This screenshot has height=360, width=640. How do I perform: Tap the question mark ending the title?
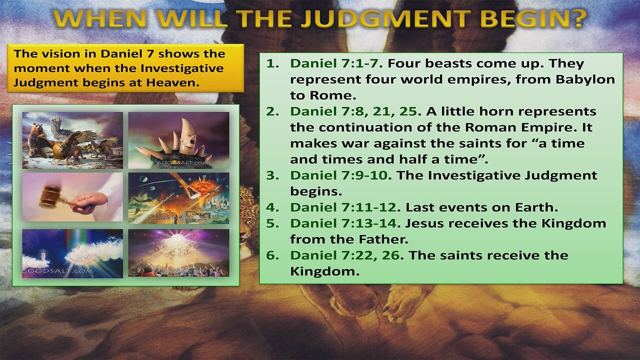[x=579, y=18]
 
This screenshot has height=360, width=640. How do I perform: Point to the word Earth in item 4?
[x=538, y=207]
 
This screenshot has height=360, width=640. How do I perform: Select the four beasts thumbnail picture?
[x=72, y=140]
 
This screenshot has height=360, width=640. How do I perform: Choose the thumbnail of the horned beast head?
[x=178, y=140]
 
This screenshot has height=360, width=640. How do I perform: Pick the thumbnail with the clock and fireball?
[x=178, y=197]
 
